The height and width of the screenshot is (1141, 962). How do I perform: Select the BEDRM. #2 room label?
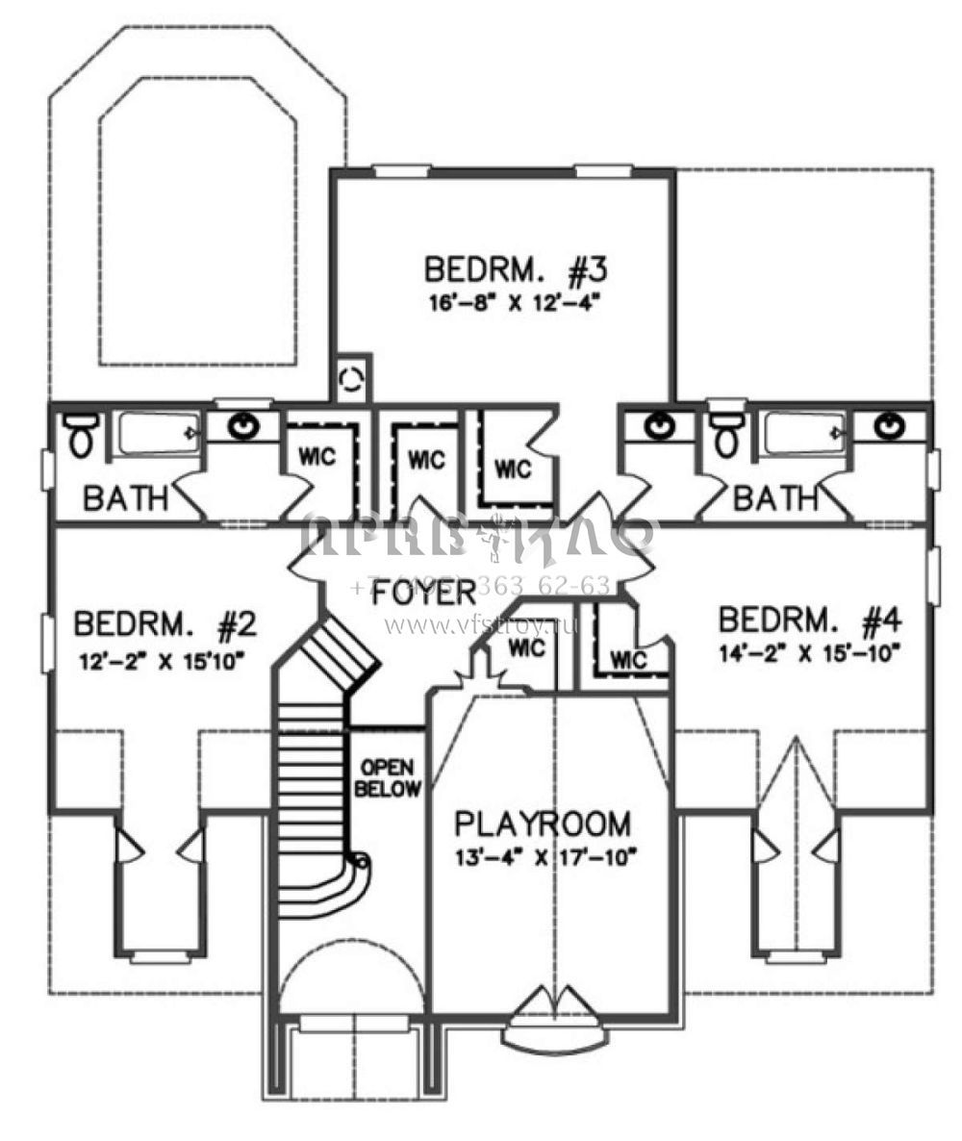click(164, 626)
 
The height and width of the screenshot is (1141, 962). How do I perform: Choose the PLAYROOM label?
click(544, 824)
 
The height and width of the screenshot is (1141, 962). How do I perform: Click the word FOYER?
click(424, 593)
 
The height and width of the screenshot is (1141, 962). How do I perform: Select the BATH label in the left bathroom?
click(125, 498)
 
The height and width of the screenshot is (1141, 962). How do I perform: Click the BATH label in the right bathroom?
click(775, 498)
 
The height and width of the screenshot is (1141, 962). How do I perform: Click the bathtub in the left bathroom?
click(159, 435)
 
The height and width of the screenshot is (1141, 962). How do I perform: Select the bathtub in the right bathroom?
click(803, 435)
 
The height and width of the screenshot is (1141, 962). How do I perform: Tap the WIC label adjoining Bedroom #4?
click(629, 660)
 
